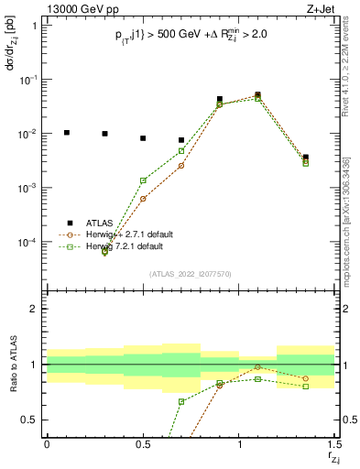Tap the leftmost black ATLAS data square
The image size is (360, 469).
[x=66, y=133]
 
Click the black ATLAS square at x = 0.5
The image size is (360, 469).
[x=143, y=138]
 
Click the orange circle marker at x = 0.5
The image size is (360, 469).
[x=143, y=199]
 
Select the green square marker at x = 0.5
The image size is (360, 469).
[x=143, y=180]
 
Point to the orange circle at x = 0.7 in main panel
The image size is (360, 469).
[x=181, y=165]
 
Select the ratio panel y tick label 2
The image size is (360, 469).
[x=37, y=309]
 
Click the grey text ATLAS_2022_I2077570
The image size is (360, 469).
[x=190, y=273]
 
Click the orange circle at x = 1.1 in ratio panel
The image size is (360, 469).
[x=258, y=366]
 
